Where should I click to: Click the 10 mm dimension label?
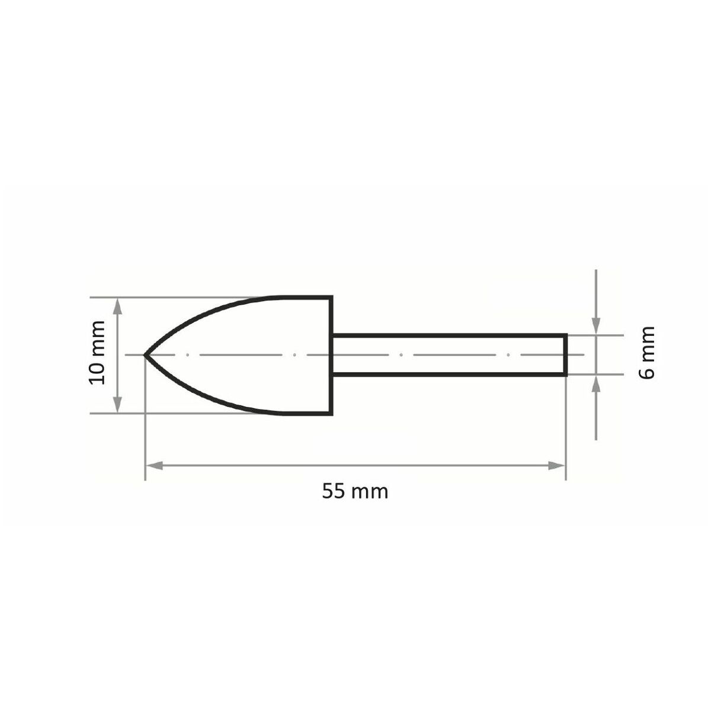(x=97, y=353)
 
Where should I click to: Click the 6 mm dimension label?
(x=646, y=353)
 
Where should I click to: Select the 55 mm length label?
(x=355, y=492)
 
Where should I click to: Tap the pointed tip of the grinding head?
(x=145, y=355)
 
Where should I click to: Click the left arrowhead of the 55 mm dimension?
(x=154, y=466)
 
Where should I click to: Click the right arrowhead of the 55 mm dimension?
(x=556, y=466)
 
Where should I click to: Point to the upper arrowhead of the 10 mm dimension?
(x=118, y=306)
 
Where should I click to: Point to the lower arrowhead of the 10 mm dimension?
(x=118, y=404)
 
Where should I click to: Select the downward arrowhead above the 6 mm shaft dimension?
(x=596, y=326)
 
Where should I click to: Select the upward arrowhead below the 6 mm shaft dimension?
(x=596, y=384)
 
